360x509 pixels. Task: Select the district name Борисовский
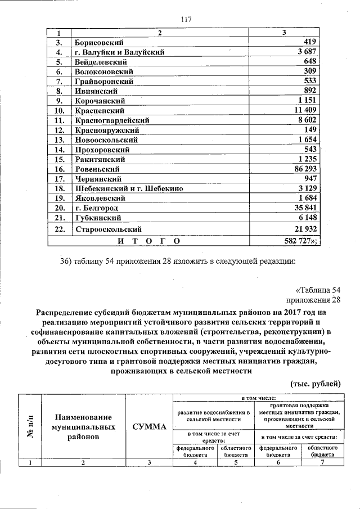(x=99, y=42)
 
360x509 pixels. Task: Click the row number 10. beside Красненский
(x=59, y=111)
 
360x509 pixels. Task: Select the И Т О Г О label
(x=150, y=241)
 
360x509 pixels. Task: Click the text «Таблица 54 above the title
(x=318, y=290)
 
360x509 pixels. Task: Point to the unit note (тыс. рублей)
(x=316, y=384)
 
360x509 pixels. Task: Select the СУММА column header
(x=148, y=427)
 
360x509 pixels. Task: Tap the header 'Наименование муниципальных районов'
(x=82, y=427)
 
